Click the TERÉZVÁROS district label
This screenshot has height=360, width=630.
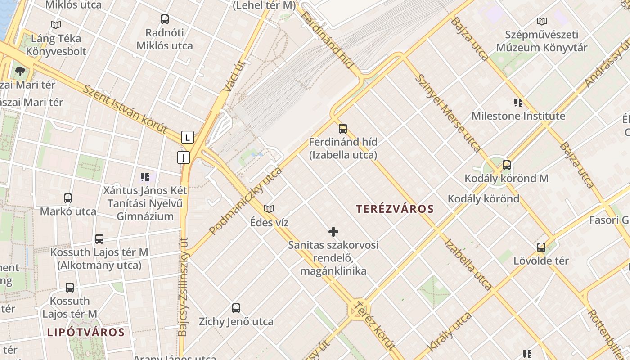tap(395, 209)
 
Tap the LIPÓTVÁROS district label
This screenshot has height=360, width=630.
tap(85, 333)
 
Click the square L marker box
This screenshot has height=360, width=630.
tap(188, 137)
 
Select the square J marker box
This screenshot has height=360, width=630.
tap(184, 157)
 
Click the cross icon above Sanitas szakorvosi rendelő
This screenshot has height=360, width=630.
tap(333, 232)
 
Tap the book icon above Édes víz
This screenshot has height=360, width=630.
tap(269, 209)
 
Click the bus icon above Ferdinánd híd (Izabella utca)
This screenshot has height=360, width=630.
tap(343, 129)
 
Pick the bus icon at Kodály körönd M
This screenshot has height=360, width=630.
tap(507, 165)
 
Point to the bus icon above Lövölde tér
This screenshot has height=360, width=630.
tap(541, 247)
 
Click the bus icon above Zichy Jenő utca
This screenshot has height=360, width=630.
tap(236, 308)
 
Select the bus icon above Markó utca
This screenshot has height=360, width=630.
tap(68, 198)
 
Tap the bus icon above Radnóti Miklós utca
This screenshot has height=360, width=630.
tap(165, 19)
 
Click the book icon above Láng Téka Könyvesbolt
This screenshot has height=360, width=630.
tap(56, 25)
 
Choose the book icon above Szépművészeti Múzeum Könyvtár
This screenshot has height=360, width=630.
tap(542, 21)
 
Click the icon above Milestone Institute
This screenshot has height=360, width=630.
tap(518, 103)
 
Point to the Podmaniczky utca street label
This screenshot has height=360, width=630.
tap(246, 201)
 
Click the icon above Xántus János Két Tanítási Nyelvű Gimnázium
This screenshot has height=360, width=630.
tap(145, 177)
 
